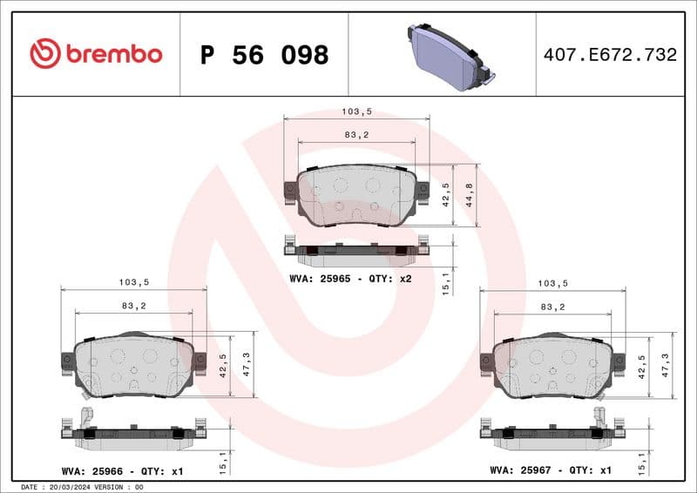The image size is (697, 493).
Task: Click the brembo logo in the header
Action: point(96,54)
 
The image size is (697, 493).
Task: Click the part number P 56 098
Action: point(264,55)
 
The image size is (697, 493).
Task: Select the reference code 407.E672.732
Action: point(610,55)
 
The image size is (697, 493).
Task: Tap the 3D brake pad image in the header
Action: point(449,54)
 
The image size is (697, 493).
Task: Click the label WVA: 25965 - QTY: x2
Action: point(350,280)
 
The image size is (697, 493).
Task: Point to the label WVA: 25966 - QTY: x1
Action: point(123,471)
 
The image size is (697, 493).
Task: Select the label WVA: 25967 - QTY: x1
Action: point(552,471)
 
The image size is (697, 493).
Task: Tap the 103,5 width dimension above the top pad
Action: point(357,112)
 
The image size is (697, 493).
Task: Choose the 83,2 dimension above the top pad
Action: point(356,134)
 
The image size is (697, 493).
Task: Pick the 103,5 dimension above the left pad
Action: point(134,282)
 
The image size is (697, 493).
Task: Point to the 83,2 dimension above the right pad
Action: point(552,307)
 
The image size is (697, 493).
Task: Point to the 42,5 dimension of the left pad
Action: point(222,365)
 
